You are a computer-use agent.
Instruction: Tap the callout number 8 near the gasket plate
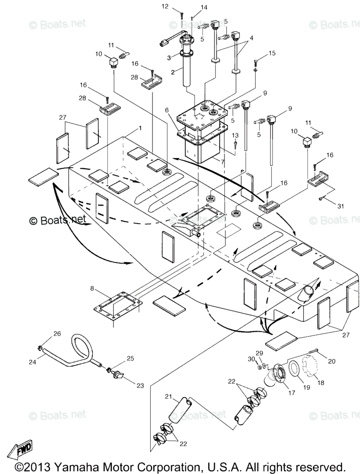click(92, 289)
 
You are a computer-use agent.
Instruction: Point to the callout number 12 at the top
click(176, 6)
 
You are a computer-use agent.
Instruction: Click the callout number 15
click(271, 53)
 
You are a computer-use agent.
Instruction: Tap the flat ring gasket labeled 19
click(293, 367)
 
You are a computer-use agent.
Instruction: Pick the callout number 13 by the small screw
click(235, 135)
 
